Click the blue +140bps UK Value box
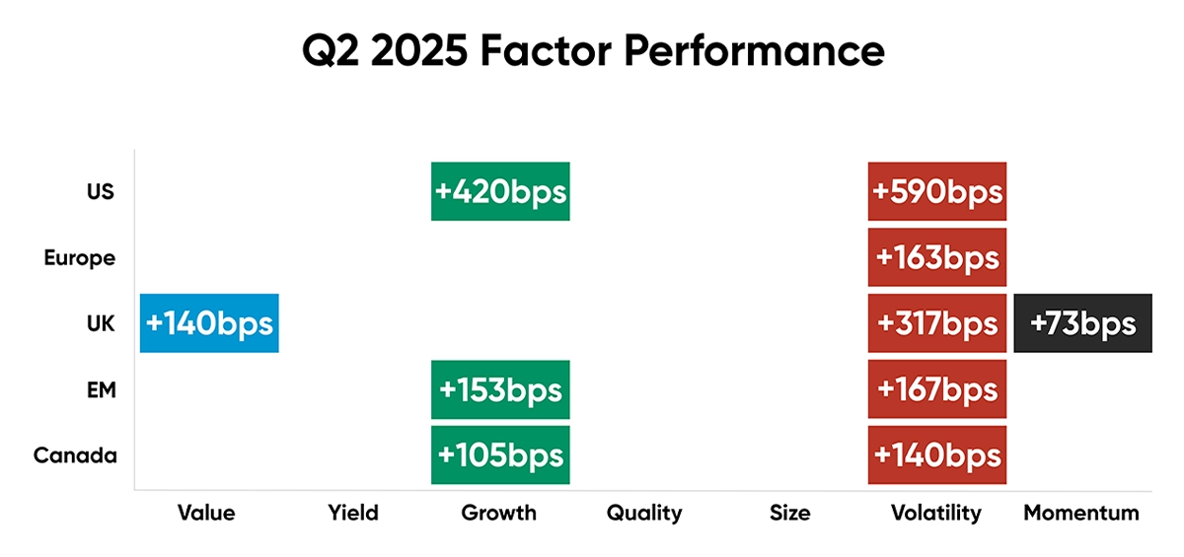point(209,323)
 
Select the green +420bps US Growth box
point(500,191)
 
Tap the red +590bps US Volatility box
point(937,191)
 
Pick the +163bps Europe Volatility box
point(937,257)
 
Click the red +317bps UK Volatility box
point(937,323)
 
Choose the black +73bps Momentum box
point(1083,323)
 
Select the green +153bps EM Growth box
point(500,389)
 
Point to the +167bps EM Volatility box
point(937,389)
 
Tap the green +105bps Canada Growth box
point(500,455)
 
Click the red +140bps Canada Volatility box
point(937,455)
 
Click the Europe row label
point(80,258)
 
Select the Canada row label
point(75,455)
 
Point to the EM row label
point(102,389)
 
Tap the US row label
point(101,191)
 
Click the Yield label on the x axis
point(353,514)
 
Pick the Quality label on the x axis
point(644,514)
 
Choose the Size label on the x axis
point(789,514)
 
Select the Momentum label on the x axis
point(1081,514)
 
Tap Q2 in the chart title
point(331,51)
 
